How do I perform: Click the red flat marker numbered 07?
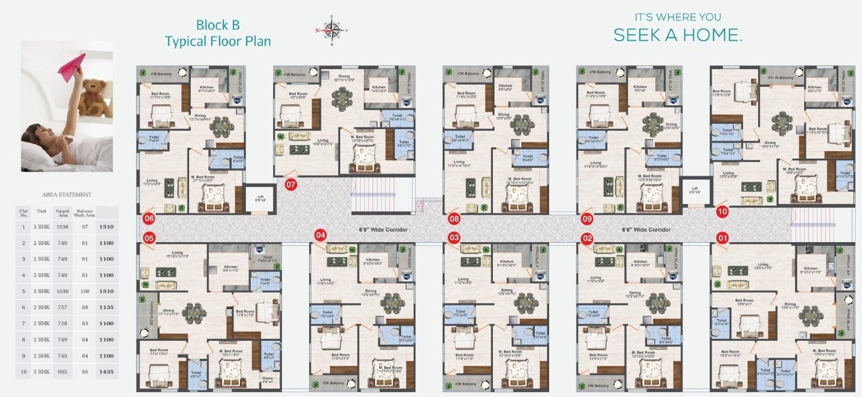pyautogui.click(x=291, y=185)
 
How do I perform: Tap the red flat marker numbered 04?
pyautogui.click(x=321, y=235)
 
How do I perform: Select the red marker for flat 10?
pyautogui.click(x=722, y=211)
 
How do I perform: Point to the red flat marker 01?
pyautogui.click(x=722, y=238)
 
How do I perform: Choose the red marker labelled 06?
pyautogui.click(x=149, y=218)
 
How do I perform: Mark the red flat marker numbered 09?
pyautogui.click(x=586, y=219)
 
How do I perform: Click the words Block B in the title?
pyautogui.click(x=218, y=25)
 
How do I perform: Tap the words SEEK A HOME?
pyautogui.click(x=677, y=35)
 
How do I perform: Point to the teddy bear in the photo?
pyautogui.click(x=96, y=97)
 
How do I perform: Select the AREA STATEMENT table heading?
pyautogui.click(x=66, y=194)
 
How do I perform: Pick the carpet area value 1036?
pyautogui.click(x=63, y=227)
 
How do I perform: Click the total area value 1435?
pyautogui.click(x=106, y=372)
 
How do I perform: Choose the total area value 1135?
pyautogui.click(x=106, y=307)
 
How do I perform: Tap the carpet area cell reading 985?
pyautogui.click(x=63, y=372)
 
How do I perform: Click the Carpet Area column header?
pyautogui.click(x=63, y=212)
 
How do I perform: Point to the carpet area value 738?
pyautogui.click(x=63, y=323)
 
